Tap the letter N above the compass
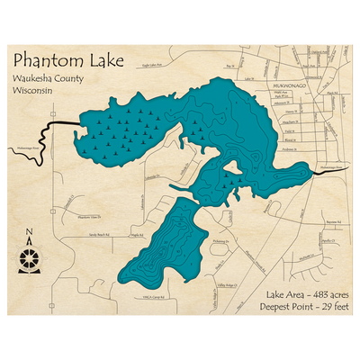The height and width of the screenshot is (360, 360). click(29, 237)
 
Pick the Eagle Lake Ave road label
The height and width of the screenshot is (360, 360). click(158, 66)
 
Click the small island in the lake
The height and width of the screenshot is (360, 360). click(232, 167)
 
